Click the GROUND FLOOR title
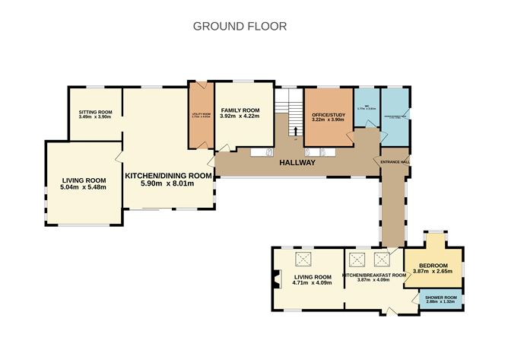[240, 26]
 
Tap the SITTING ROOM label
[95, 113]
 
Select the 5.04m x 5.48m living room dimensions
[84, 186]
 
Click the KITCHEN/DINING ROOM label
[167, 175]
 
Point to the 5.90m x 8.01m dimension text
[167, 183]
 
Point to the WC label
[366, 106]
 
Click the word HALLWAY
[297, 162]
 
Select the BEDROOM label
[433, 266]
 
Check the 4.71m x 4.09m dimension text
[313, 282]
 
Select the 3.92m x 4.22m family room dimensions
[240, 117]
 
